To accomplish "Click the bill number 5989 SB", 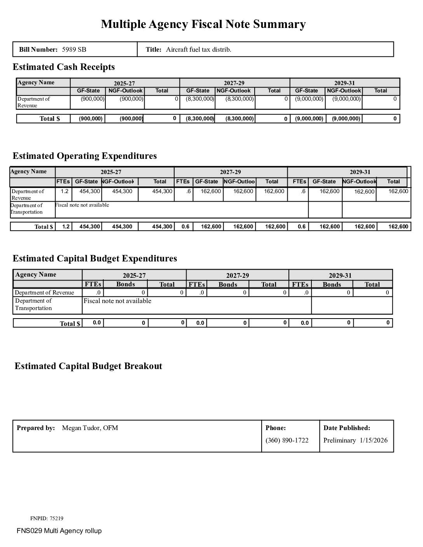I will click(x=74, y=49).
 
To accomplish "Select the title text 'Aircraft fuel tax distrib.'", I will click(x=198, y=49).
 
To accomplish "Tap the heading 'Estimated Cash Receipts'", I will click(x=63, y=67).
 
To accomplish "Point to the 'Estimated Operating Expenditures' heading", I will click(x=84, y=156).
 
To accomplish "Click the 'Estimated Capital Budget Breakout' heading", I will click(x=88, y=366).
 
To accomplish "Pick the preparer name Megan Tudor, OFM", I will click(x=90, y=428).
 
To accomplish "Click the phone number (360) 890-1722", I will click(x=287, y=440).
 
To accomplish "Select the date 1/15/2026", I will click(x=374, y=440).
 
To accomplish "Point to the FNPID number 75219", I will click(x=56, y=518).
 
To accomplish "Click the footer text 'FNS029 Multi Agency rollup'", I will click(x=59, y=531).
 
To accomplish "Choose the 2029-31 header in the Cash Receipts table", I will click(x=344, y=83).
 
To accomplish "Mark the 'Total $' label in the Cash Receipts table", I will click(x=50, y=118).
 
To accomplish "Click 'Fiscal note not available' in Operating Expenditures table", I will click(x=82, y=205).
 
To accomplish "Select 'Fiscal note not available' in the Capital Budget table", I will click(x=117, y=301).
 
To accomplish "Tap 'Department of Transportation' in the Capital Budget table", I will click(x=33, y=304).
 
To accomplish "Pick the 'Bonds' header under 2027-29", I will click(x=227, y=284).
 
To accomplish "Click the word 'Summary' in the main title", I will click(x=279, y=24).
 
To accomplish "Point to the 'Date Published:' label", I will click(x=346, y=428).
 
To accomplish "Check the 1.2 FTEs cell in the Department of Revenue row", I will click(x=64, y=191).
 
